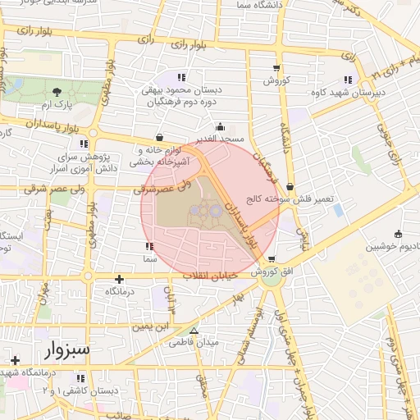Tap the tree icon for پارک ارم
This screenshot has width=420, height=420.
[56, 92]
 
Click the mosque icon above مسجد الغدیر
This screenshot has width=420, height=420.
[220, 127]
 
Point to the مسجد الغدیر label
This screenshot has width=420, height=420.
[221, 140]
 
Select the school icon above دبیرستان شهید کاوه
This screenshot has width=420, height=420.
[348, 80]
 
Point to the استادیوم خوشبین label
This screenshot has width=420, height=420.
[392, 246]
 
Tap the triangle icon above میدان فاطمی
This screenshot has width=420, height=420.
[194, 330]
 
